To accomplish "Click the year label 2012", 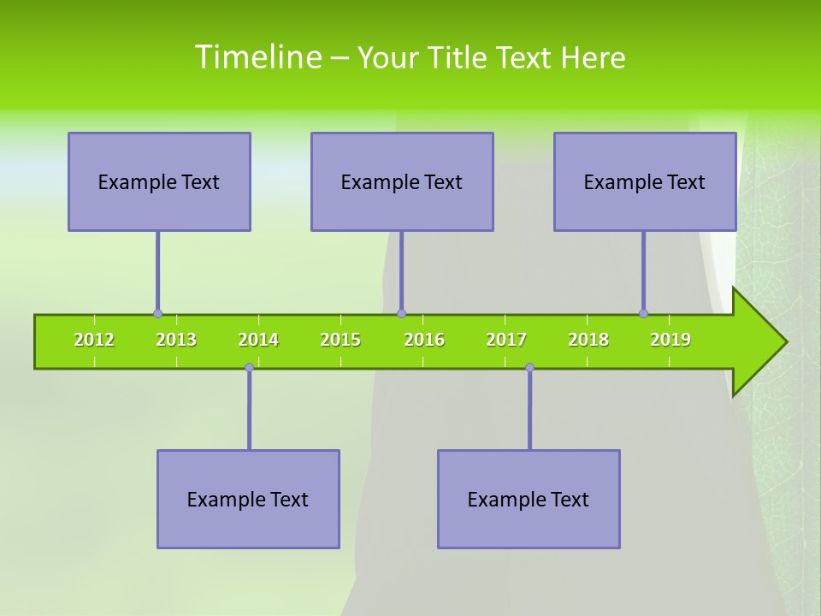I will coord(94,340).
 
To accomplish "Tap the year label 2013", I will coord(176,340).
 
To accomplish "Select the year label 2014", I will coord(258,340).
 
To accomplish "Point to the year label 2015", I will coord(340,340).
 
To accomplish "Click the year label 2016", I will coord(424,340).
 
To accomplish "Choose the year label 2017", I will coord(506,340).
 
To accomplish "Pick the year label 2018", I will coord(588,340).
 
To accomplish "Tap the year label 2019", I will coord(670,340).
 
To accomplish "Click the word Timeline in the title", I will coord(257,57).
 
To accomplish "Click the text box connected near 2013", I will coord(159,181).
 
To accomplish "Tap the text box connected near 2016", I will coord(402,181).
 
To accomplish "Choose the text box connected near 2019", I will coord(645,181).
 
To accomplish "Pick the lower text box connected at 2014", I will coord(248,499).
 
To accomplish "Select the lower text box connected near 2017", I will coord(529,499).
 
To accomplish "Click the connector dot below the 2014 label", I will coord(249,367).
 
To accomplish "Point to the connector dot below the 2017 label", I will coord(529,367).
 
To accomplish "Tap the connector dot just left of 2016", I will coord(401,313).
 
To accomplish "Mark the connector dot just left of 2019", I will coord(643,313).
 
